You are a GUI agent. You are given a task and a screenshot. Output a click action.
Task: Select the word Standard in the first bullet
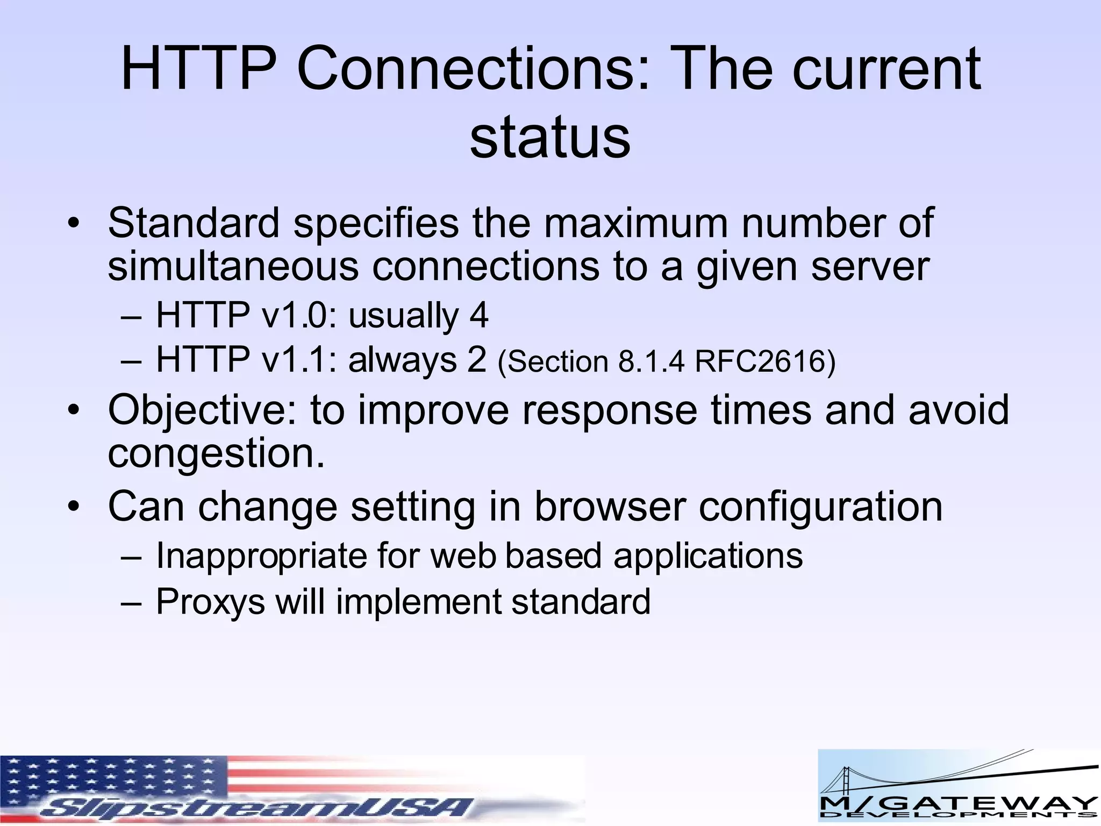tap(194, 223)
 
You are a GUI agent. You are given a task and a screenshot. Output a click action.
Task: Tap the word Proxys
tap(210, 602)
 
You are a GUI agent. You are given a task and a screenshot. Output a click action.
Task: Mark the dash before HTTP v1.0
tap(131, 316)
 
